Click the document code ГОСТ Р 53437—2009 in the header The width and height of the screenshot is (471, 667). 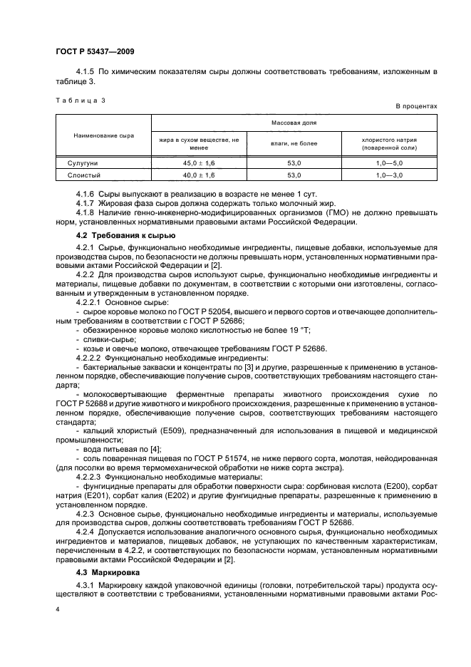coord(95,52)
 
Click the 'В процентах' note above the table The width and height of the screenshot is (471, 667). coord(416,106)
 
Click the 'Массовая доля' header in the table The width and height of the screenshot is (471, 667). coord(294,122)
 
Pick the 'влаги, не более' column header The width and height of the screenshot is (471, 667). coord(294,144)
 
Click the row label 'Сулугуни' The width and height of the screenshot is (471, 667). coord(82,163)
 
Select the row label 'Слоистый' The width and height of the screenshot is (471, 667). coord(82,175)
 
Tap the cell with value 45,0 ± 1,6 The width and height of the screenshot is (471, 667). coord(198,163)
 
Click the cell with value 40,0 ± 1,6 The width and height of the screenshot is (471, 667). coord(198,175)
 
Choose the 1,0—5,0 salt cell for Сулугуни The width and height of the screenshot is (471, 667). coord(389,163)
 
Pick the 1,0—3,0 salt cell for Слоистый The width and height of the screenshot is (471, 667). coord(389,175)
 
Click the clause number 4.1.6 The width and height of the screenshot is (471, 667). coord(86,193)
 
